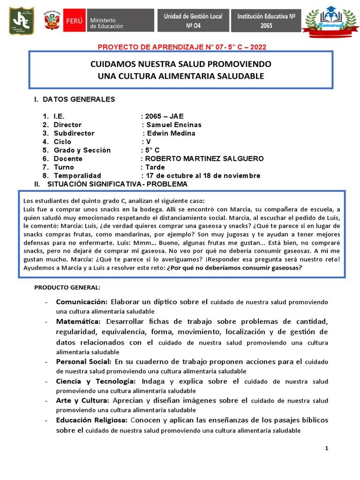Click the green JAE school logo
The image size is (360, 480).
pyautogui.click(x=20, y=21)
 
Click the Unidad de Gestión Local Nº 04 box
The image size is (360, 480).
pyautogui.click(x=193, y=21)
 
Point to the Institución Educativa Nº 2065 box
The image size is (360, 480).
pyautogui.click(x=266, y=21)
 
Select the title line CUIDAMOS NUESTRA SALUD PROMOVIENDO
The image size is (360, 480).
pyautogui.click(x=180, y=64)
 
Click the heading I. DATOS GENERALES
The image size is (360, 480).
pyautogui.click(x=74, y=99)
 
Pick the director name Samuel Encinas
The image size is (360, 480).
pyautogui.click(x=173, y=125)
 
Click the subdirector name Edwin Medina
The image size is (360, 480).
pyautogui.click(x=171, y=133)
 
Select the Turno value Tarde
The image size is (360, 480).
pyautogui.click(x=155, y=167)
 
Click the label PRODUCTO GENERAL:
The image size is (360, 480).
pyautogui.click(x=67, y=287)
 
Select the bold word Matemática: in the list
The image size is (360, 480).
pyautogui.click(x=78, y=322)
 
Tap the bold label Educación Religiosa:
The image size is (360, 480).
pyautogui.click(x=92, y=420)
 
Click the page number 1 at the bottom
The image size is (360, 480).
pyautogui.click(x=327, y=449)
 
